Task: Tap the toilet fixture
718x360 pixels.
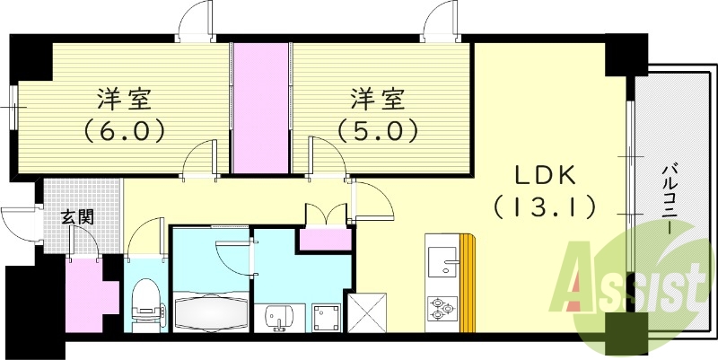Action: click(x=144, y=301)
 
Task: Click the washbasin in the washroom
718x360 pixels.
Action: click(x=279, y=316)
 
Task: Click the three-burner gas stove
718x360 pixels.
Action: click(x=442, y=309)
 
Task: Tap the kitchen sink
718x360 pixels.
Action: click(x=442, y=261)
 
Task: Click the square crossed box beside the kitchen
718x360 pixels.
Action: click(x=371, y=312)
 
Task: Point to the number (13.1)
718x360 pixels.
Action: click(x=544, y=208)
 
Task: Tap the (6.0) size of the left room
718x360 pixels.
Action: click(x=126, y=131)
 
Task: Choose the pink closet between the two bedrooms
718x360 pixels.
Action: click(x=261, y=108)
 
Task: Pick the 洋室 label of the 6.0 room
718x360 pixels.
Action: click(x=126, y=96)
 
